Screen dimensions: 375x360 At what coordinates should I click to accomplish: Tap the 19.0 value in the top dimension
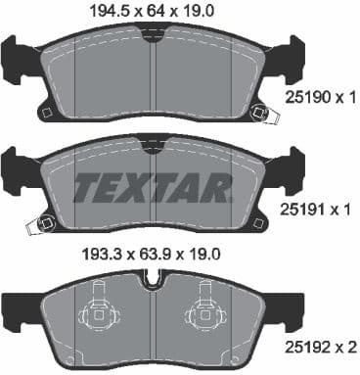coord(201,12)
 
